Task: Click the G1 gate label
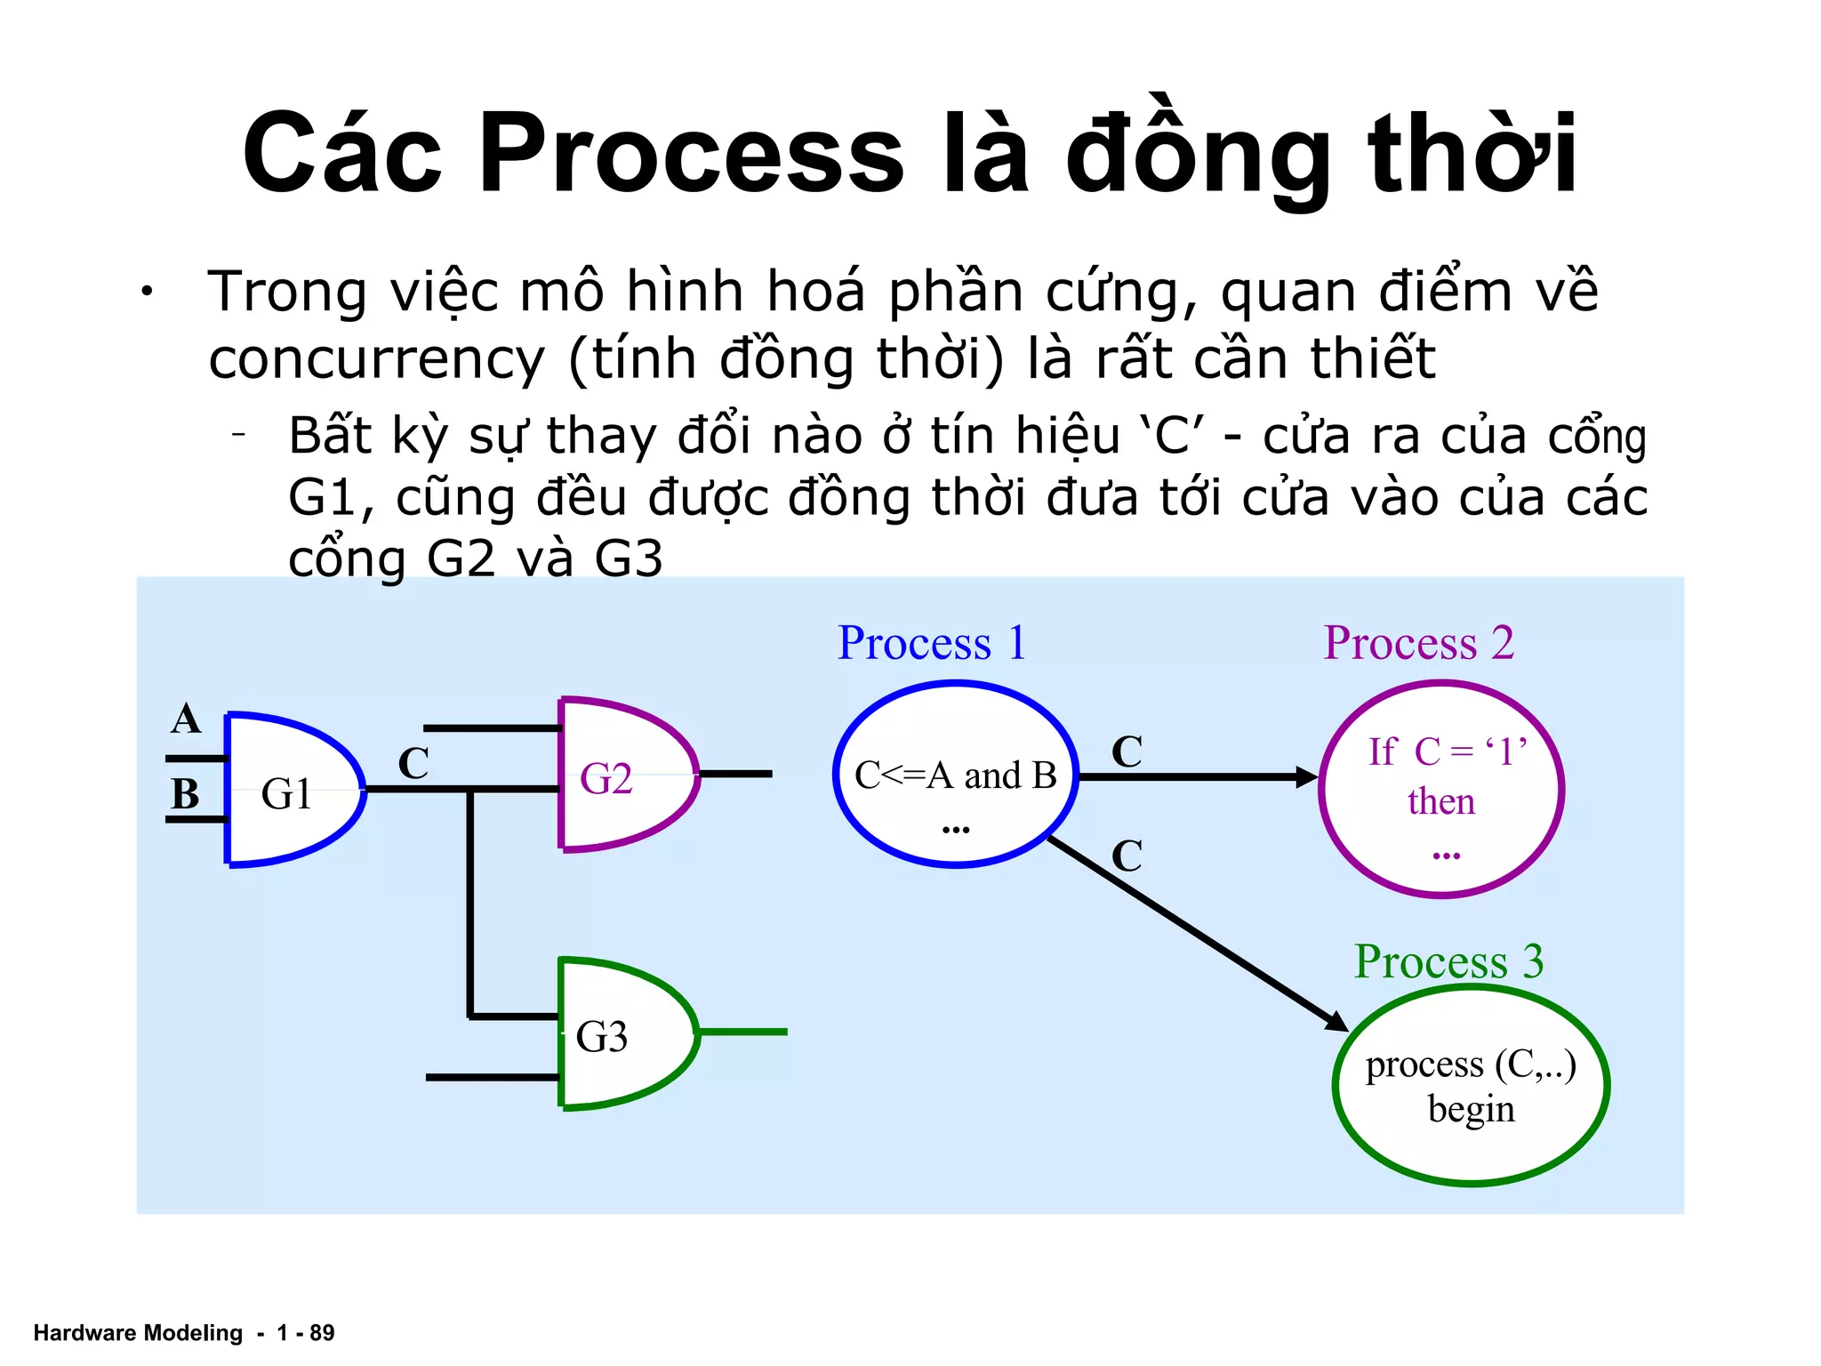(x=286, y=793)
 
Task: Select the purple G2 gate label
(x=606, y=779)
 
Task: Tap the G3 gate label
(x=602, y=1037)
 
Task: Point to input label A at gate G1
(x=186, y=719)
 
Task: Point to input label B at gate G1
(x=185, y=794)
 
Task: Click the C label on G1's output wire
(x=413, y=764)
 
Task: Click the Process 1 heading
(x=932, y=643)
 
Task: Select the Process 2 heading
(x=1418, y=643)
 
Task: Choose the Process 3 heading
(x=1448, y=962)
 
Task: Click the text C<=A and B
(x=955, y=776)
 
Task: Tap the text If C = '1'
(x=1447, y=752)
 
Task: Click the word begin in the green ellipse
(x=1471, y=1110)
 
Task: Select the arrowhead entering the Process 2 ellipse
(x=1306, y=777)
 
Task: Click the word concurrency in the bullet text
(x=376, y=359)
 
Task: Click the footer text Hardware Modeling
(x=138, y=1332)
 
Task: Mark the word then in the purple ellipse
(x=1440, y=802)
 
